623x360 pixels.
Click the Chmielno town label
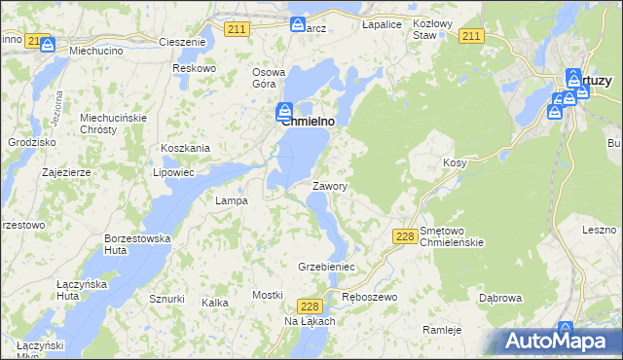point(309,122)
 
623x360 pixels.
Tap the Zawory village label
point(330,185)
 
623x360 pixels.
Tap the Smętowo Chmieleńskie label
point(451,235)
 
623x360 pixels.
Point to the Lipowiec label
point(174,172)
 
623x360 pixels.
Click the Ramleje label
point(441,330)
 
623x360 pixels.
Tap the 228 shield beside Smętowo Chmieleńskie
point(406,236)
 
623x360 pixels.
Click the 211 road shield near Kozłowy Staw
point(471,36)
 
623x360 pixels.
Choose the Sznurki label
point(166,299)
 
